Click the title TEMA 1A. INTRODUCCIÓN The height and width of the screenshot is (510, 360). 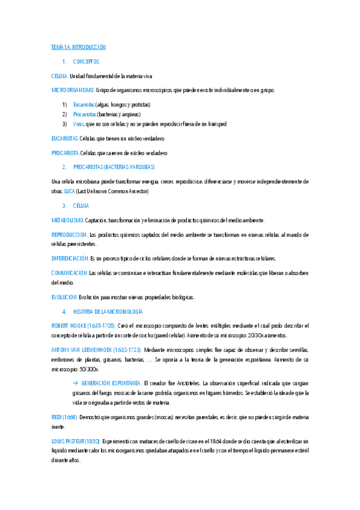(78, 47)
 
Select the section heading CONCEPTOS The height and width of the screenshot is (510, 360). (86, 62)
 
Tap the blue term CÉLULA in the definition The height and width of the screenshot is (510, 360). (59, 76)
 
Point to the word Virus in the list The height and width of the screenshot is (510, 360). (79, 124)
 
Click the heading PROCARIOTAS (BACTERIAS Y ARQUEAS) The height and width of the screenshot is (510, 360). (114, 167)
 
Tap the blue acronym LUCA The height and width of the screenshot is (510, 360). (70, 191)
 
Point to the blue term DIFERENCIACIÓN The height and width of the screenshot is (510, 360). (70, 259)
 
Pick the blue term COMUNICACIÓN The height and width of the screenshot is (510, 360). (69, 273)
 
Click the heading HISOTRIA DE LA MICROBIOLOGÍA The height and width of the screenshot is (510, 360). (108, 312)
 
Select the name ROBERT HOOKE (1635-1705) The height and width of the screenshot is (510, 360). (84, 326)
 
